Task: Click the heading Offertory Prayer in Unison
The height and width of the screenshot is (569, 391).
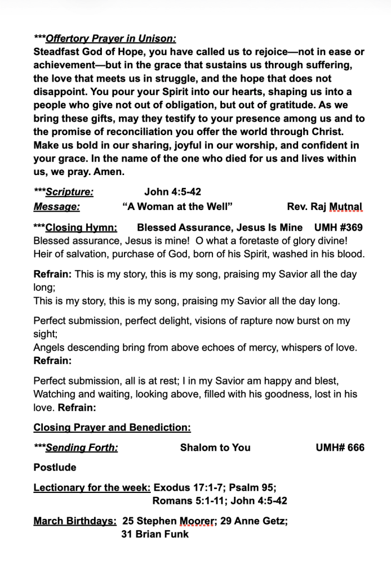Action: [111, 39]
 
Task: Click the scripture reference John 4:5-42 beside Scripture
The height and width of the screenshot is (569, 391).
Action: [172, 192]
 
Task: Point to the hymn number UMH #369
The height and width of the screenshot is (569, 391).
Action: [338, 227]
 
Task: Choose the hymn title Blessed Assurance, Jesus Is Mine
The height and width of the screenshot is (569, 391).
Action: [220, 227]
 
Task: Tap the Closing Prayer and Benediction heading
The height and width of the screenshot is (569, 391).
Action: [112, 428]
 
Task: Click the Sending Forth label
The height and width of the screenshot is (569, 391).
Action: [82, 448]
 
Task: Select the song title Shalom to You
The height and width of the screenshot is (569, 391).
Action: [215, 448]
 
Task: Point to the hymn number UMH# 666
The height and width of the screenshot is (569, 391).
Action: [340, 448]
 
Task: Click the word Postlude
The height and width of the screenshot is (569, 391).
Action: [55, 468]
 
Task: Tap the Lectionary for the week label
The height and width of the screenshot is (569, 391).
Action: [92, 488]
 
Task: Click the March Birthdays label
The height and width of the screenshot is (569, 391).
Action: [75, 521]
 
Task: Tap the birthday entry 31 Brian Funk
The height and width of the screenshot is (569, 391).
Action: [155, 535]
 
